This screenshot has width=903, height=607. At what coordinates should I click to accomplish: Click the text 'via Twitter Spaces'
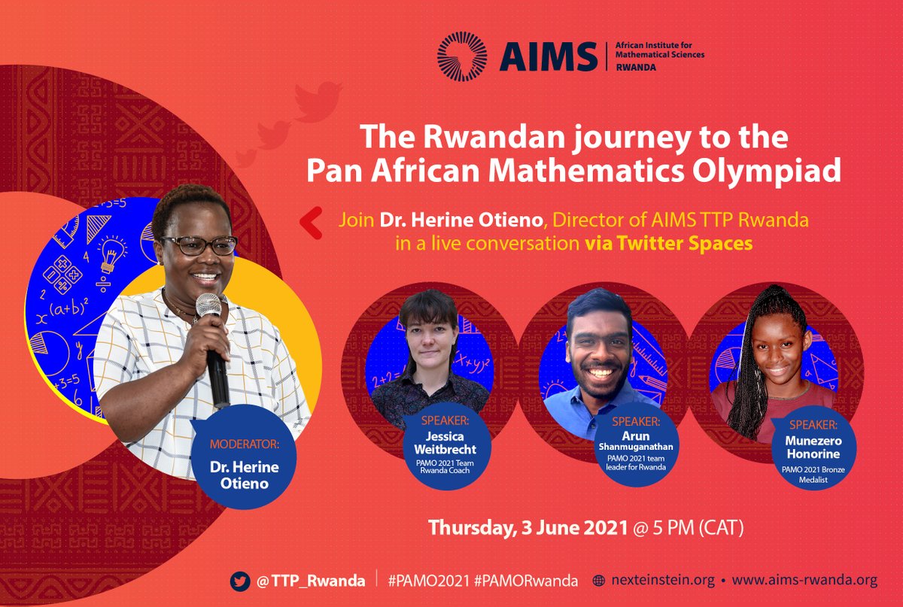pos(669,244)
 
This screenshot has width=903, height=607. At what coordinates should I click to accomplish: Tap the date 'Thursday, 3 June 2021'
pos(528,528)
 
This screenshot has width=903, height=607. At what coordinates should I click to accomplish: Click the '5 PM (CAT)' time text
pos(696,528)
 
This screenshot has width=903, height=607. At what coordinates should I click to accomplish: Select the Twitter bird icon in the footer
pos(240,581)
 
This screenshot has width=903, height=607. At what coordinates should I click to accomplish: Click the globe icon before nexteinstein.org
pos(600,581)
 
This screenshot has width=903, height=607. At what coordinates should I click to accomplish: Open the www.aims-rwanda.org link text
pos(804,581)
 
